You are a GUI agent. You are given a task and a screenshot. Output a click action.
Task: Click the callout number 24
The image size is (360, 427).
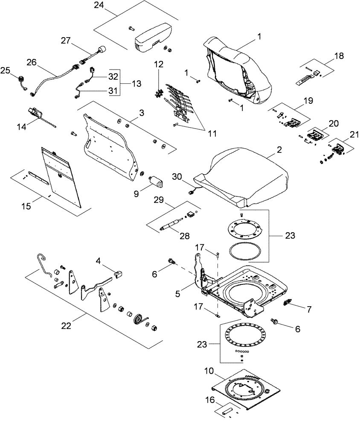(99, 6)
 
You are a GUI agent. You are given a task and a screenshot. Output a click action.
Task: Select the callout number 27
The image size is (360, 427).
(65, 41)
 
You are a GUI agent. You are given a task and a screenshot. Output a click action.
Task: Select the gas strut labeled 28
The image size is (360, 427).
(172, 225)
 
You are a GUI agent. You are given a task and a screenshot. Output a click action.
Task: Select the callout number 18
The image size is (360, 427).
(338, 56)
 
